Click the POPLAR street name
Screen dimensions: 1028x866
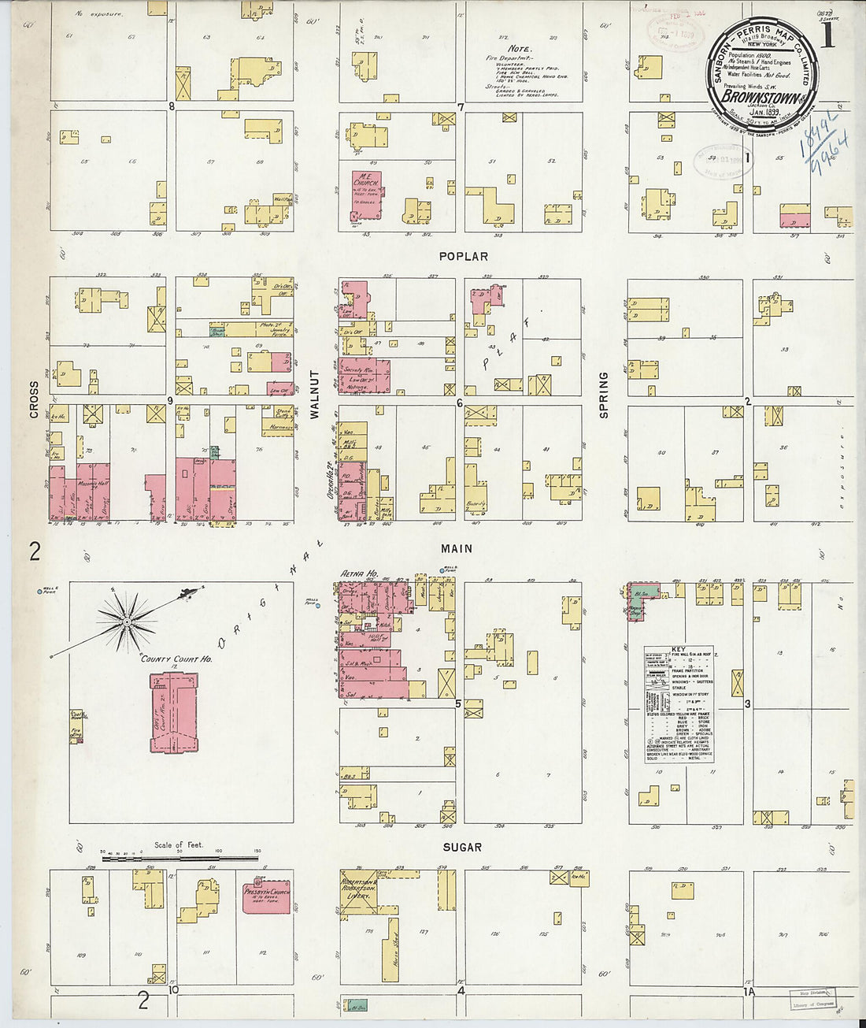tap(464, 257)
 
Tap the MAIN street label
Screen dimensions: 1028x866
tap(457, 549)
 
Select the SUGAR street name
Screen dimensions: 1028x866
tap(462, 848)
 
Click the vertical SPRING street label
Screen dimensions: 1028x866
tap(604, 394)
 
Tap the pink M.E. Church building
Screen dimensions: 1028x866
tap(365, 195)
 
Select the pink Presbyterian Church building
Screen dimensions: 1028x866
tap(266, 896)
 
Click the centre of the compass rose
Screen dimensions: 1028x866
tap(126, 622)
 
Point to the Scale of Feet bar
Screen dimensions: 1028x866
tap(181, 857)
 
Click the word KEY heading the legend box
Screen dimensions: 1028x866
tap(679, 650)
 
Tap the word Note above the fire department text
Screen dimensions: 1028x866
tap(519, 49)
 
